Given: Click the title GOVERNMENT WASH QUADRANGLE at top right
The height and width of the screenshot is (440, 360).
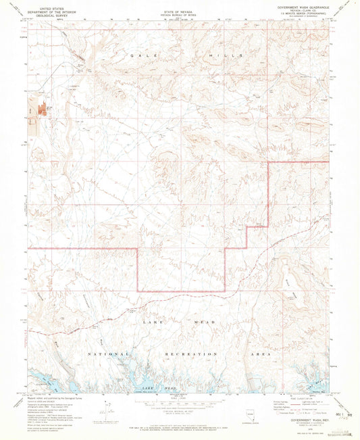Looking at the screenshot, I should click(304, 5).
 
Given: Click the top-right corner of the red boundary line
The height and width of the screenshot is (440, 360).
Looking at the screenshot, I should click(329, 162).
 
